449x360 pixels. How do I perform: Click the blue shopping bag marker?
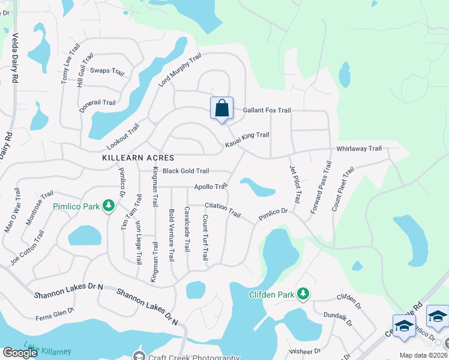coord(221,109)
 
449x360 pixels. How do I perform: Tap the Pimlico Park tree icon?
coord(109,206)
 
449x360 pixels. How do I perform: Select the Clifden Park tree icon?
coord(304,293)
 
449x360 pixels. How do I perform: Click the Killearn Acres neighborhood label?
coord(138,158)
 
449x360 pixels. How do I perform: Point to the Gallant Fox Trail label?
coord(267,110)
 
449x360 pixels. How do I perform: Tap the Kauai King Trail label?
coord(247,140)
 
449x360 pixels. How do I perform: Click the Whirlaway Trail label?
coord(359,148)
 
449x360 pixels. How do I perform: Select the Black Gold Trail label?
coord(185,171)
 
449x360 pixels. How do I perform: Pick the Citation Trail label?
coord(223,210)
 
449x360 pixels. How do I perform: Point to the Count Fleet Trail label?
coord(343,189)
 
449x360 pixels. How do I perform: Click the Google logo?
coord(20,353)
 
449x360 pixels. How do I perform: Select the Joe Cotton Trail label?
coord(27,247)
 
